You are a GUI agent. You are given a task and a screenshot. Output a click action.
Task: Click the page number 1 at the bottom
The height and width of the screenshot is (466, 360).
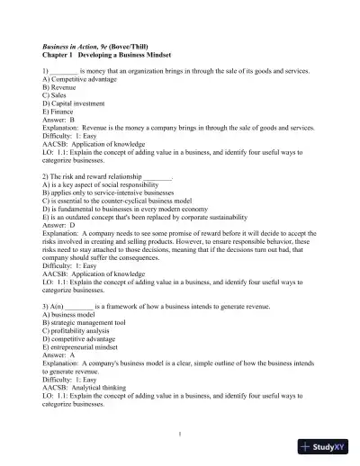tap(180, 434)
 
